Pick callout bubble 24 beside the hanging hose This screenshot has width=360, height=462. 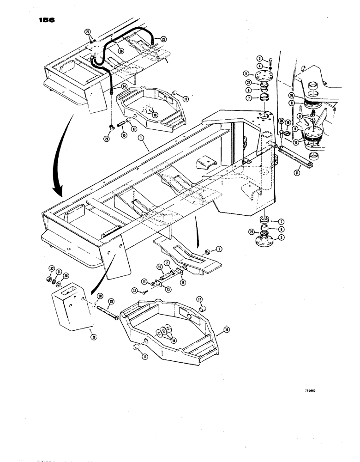pyautogui.click(x=124, y=86)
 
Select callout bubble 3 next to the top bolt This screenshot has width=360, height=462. pyautogui.click(x=260, y=58)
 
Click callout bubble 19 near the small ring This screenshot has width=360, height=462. pyautogui.click(x=288, y=123)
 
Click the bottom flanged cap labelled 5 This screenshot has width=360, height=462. pyautogui.click(x=266, y=240)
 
